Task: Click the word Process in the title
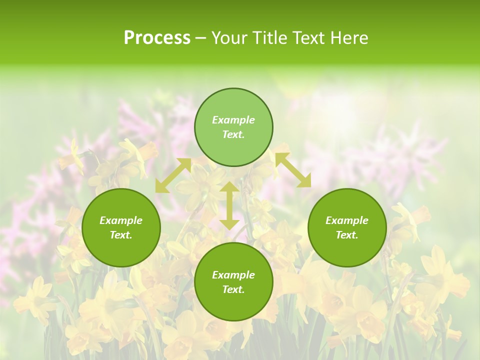pos(157,38)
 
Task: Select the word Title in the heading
pos(270,38)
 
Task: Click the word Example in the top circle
pos(233,120)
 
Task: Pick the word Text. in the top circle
pos(233,134)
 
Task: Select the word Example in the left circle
pos(121,220)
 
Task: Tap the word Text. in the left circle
pos(121,235)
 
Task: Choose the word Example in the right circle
pos(347,220)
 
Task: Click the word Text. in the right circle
pos(347,235)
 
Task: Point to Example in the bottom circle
pos(233,275)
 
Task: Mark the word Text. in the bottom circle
pos(233,289)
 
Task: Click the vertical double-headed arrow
pos(229,205)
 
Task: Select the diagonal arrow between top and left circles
pos(173,175)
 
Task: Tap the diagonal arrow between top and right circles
pos(293,170)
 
